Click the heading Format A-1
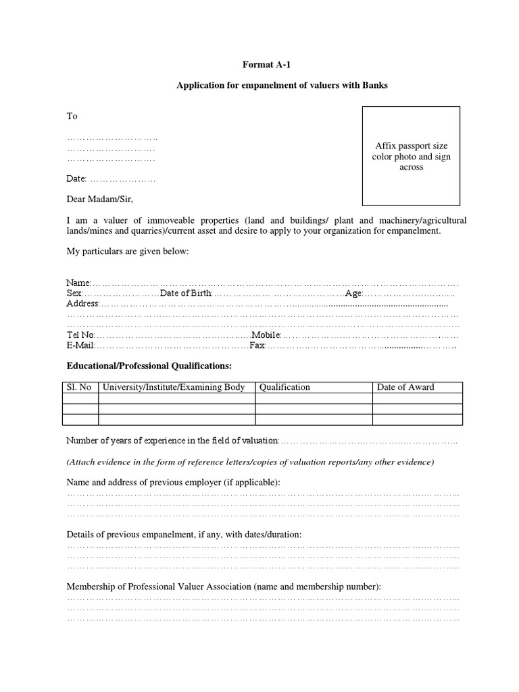tap(269, 65)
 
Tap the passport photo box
tap(411, 156)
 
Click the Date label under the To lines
tap(76, 179)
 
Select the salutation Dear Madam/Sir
tap(105, 199)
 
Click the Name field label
tap(78, 282)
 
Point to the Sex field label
tap(74, 293)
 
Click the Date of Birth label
tap(186, 293)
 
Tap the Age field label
tap(354, 293)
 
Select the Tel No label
tap(80, 335)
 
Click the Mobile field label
tap(266, 335)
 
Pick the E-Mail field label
tap(80, 345)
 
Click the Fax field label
tap(257, 345)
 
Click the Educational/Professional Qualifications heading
tap(149, 366)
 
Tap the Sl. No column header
tap(80, 387)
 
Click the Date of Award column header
tap(405, 387)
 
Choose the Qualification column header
tap(285, 387)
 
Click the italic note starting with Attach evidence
tap(250, 462)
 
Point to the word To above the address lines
tap(72, 116)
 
